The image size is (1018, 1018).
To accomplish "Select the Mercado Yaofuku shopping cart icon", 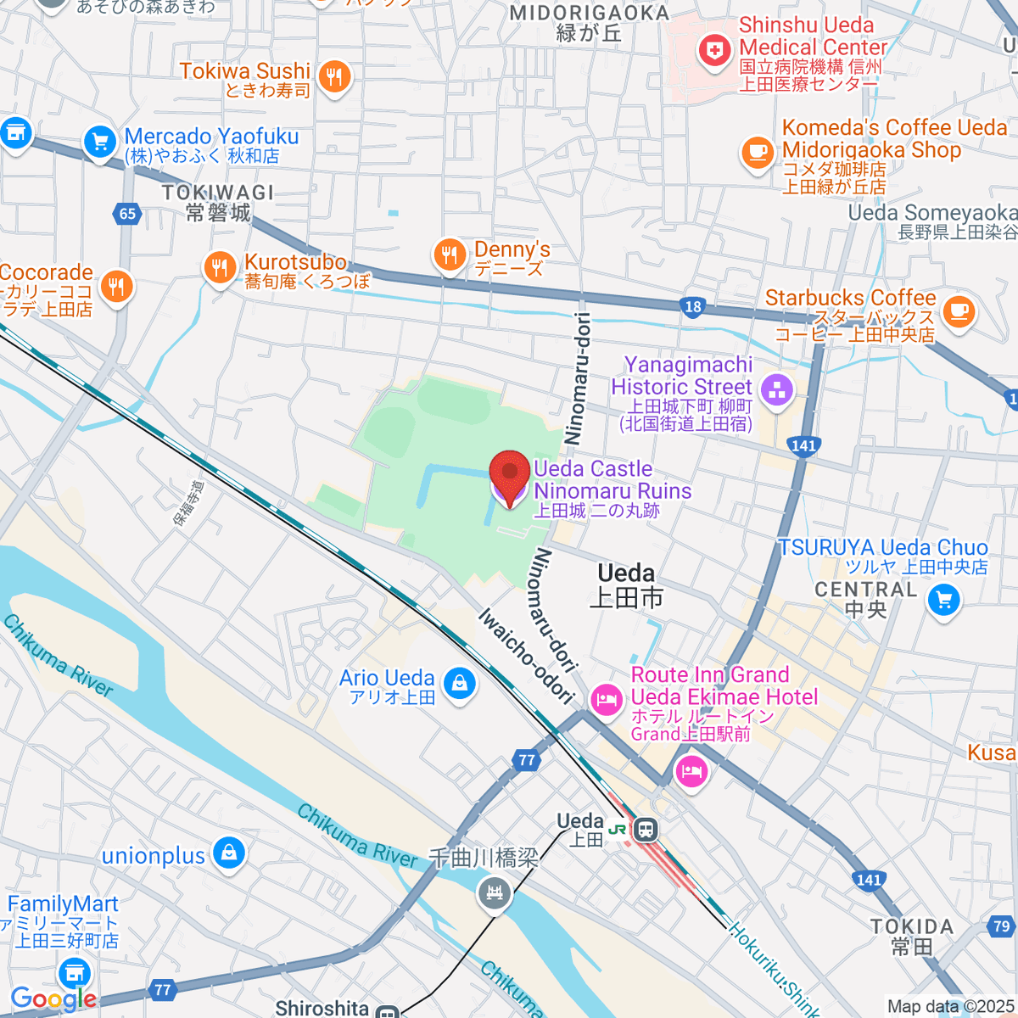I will [x=100, y=143].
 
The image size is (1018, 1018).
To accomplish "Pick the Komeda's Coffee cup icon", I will [x=758, y=153].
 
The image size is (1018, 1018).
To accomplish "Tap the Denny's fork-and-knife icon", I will [x=450, y=255].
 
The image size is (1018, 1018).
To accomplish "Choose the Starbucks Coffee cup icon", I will [x=959, y=310].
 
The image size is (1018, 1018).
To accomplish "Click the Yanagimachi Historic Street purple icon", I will [x=776, y=390].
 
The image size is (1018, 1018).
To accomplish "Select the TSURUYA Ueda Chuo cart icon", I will [x=942, y=601].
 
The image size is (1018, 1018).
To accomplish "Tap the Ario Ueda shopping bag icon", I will [x=459, y=683].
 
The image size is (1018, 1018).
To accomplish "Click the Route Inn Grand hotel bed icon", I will [x=606, y=700].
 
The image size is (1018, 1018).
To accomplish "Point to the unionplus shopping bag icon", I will [x=228, y=854].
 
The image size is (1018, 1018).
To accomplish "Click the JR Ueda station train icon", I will [x=646, y=829].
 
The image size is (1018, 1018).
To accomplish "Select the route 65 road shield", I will [x=127, y=214].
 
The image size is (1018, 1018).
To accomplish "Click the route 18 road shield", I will [x=693, y=307].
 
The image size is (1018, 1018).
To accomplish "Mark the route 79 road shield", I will [x=1002, y=927].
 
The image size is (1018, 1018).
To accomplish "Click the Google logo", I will [x=53, y=999].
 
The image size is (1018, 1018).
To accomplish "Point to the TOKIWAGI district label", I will [x=218, y=193].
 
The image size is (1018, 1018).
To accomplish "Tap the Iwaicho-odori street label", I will [x=526, y=657].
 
